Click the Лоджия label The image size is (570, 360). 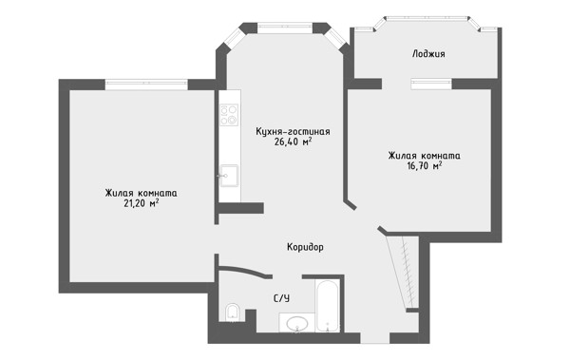click(x=428, y=54)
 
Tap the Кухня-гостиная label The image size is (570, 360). click(x=293, y=131)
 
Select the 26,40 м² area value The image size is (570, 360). click(x=294, y=142)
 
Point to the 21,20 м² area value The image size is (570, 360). click(x=141, y=203)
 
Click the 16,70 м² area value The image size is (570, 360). click(x=425, y=166)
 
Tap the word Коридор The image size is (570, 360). click(x=305, y=248)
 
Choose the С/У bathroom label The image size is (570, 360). click(x=282, y=298)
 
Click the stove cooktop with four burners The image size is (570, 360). click(x=229, y=115)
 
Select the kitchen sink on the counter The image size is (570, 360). click(x=229, y=176)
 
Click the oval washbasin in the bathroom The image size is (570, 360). click(x=297, y=323)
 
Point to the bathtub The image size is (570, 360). click(x=328, y=306)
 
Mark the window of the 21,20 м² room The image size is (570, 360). click(x=146, y=85)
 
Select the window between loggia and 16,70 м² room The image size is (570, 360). click(x=431, y=84)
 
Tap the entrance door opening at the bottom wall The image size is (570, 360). click(x=375, y=338)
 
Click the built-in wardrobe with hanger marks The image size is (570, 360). click(x=403, y=272)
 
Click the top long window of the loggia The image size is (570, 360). click(x=427, y=17)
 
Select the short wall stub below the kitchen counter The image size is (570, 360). click(x=241, y=208)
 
